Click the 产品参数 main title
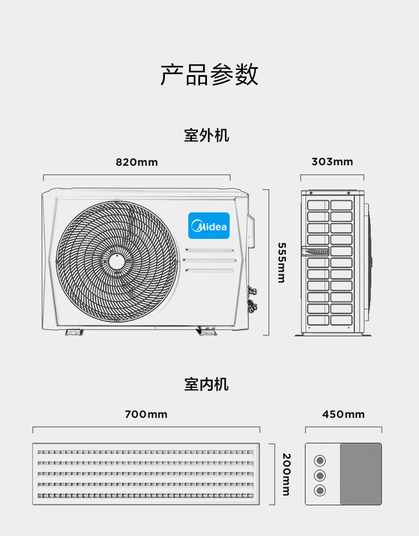[x=209, y=74]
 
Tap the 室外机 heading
[x=206, y=135]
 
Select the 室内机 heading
[x=206, y=384]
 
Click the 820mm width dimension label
[x=137, y=162]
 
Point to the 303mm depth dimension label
[x=332, y=162]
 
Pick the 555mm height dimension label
[x=282, y=263]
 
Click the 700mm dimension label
[x=146, y=414]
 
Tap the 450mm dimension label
[x=343, y=414]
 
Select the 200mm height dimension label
[x=286, y=475]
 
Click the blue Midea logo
[x=209, y=226]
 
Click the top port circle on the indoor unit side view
[x=320, y=460]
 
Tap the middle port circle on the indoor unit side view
[x=320, y=476]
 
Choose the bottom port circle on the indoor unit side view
[x=320, y=490]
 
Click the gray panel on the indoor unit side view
[x=361, y=474]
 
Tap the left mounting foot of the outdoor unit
[x=74, y=332]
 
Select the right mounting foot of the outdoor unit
[x=206, y=331]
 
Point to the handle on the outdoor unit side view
[x=315, y=251]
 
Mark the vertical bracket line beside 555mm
[x=269, y=262]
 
